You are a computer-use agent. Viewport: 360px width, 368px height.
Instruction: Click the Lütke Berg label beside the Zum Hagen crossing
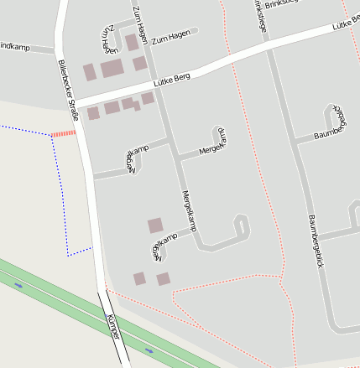coord(171,80)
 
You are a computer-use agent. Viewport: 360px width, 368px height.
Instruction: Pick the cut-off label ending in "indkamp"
coord(14,47)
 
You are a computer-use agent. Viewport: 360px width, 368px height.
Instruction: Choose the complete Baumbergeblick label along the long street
coord(315,241)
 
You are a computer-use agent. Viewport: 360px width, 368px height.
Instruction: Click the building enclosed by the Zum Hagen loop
coord(132,42)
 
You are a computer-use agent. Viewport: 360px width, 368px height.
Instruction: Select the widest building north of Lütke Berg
coord(112,69)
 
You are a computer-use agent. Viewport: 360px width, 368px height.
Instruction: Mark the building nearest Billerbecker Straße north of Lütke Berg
coord(89,72)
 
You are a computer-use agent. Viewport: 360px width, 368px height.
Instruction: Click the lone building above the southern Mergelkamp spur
coord(155,225)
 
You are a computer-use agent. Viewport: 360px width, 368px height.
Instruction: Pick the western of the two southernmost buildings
coord(139,278)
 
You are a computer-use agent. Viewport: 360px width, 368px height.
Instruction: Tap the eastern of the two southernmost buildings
coord(163,279)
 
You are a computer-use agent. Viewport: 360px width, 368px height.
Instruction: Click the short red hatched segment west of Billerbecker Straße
coord(64,133)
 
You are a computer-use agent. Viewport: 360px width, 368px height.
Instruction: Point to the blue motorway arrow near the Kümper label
coord(149,350)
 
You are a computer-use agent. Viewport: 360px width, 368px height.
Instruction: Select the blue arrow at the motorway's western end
coord(18,285)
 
